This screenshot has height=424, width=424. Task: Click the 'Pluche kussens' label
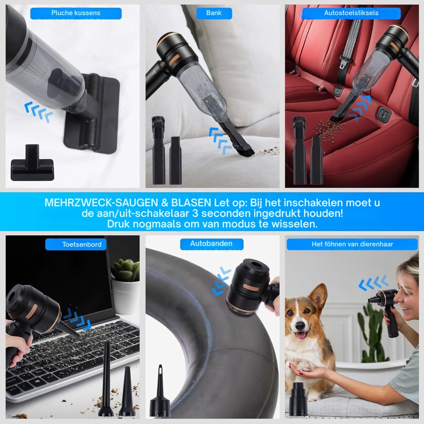pyautogui.click(x=76, y=13)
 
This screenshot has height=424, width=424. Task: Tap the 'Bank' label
pyautogui.click(x=214, y=13)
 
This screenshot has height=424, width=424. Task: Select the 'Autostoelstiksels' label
pyautogui.click(x=351, y=13)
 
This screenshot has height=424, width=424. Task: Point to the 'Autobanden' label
pyautogui.click(x=211, y=243)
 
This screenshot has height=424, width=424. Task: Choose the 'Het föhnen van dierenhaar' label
pyautogui.click(x=352, y=244)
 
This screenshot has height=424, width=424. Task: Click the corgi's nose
pyautogui.click(x=300, y=325)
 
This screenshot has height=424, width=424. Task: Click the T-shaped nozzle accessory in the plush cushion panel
pyautogui.click(x=32, y=163)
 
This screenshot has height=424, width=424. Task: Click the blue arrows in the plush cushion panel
pyautogui.click(x=39, y=111)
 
